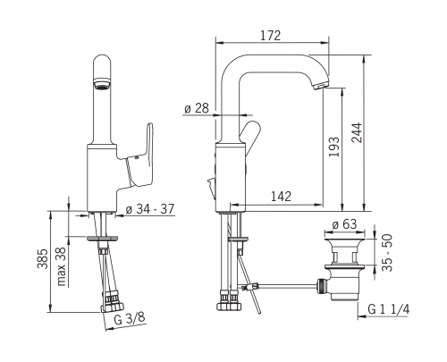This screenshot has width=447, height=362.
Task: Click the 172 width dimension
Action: click(x=271, y=36)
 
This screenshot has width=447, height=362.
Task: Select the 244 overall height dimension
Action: click(x=357, y=132)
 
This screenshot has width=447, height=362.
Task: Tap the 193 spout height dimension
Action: click(x=334, y=147)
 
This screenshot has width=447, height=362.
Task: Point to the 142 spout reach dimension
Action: click(x=281, y=197)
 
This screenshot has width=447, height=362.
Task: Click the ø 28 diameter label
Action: click(x=197, y=108)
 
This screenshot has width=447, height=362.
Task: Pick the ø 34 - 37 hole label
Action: click(x=149, y=209)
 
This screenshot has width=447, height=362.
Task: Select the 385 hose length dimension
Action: click(x=42, y=258)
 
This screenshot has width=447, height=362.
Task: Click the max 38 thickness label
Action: click(x=62, y=266)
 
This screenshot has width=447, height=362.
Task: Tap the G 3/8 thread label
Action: click(x=130, y=318)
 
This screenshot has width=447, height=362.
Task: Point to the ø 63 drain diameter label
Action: click(x=344, y=224)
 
